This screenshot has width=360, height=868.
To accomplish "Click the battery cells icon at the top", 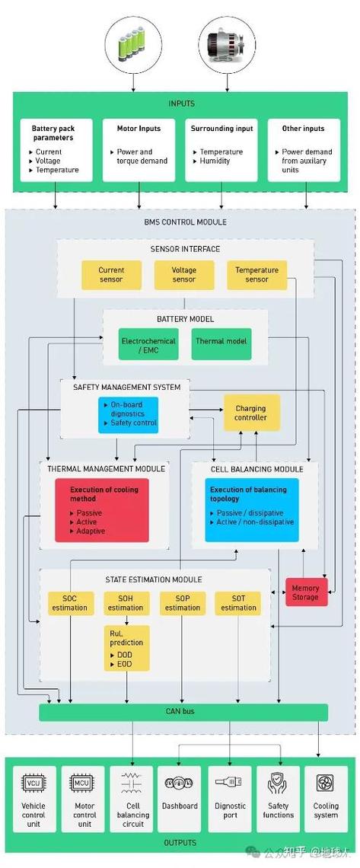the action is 132,44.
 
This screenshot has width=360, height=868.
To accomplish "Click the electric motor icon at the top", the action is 227,44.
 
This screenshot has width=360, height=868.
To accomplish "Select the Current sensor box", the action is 112,275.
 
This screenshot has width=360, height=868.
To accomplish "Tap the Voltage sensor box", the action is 184,275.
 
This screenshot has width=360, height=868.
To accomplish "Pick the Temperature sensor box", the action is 257,275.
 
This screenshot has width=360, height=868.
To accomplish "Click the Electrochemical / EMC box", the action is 148,345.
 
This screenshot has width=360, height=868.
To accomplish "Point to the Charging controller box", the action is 252,413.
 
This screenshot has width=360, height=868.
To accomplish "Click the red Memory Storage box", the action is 307,592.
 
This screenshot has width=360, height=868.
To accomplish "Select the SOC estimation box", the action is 70,603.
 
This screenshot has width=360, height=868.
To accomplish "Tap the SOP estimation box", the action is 183,603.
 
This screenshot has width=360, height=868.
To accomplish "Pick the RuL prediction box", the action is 126,648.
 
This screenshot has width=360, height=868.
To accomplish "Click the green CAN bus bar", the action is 183,712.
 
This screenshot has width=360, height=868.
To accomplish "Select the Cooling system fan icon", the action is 325,783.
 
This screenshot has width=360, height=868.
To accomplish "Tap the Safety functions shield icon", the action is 278,782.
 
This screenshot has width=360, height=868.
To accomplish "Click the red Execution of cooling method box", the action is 102,510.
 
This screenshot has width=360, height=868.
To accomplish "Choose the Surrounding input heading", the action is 221,129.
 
